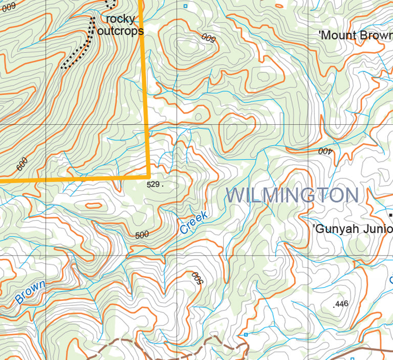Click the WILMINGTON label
(292, 195)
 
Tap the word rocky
(121, 19)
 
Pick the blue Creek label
(194, 223)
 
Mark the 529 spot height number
(154, 184)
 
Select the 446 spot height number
(341, 304)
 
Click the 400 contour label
(325, 151)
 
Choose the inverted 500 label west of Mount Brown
(208, 37)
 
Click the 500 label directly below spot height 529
(142, 235)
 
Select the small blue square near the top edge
(185, 6)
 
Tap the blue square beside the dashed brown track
(246, 334)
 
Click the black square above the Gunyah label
(391, 216)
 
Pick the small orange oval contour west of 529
(93, 206)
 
